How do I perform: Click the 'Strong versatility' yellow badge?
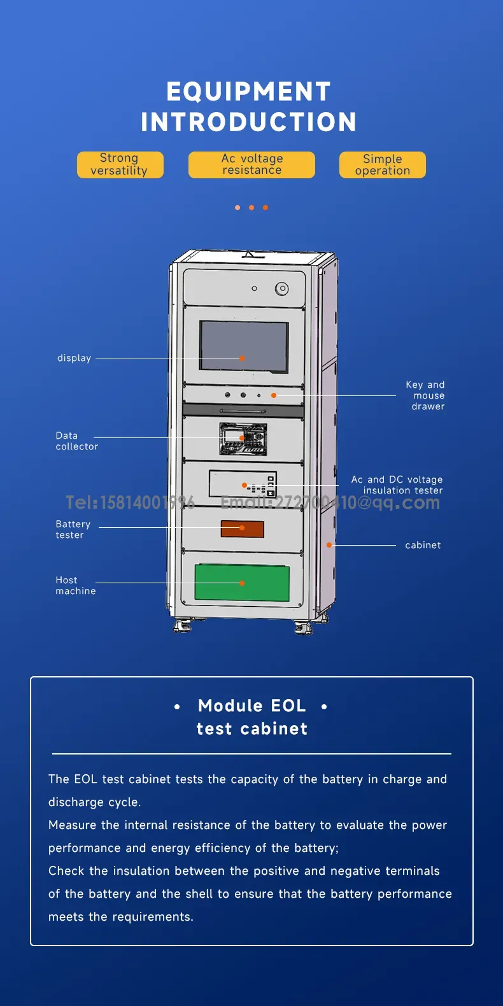point(120,164)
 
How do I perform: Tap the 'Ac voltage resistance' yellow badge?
point(251,164)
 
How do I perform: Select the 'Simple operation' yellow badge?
point(382,164)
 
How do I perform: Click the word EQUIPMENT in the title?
point(248,92)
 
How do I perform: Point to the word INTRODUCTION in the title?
point(248,122)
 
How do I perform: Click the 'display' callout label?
point(74,358)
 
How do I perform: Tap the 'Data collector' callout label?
point(76,441)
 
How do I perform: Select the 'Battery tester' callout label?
point(73,529)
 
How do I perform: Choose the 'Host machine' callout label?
point(75,585)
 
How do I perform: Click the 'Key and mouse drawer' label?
point(426,395)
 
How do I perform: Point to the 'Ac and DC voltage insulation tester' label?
point(397,485)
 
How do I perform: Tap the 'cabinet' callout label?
point(423,545)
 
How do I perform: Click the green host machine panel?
point(242,583)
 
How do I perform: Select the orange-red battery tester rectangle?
point(242,528)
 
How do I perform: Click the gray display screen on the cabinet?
point(244,346)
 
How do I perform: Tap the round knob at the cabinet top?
point(281,289)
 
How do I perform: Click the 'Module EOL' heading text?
point(252,705)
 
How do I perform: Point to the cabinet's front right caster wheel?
point(304,628)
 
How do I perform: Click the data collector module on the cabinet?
point(243,439)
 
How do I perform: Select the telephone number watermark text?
point(130,502)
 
